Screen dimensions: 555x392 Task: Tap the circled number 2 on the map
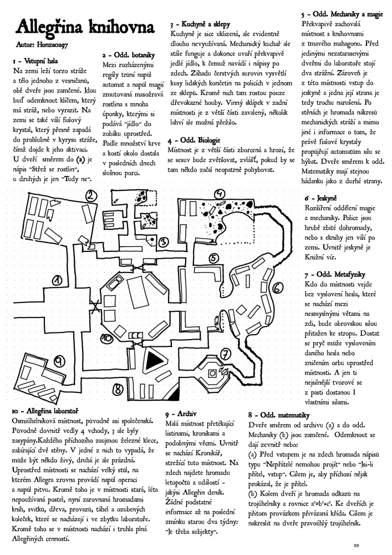(x=92, y=195)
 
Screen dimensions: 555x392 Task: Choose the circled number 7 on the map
(x=226, y=354)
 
